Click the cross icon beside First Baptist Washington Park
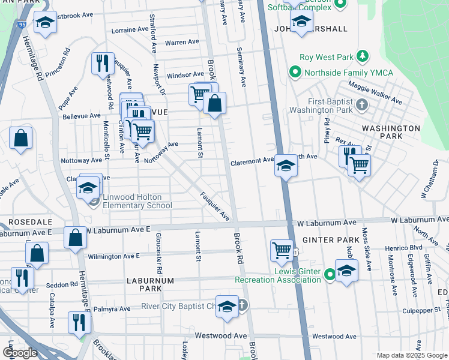[x=361, y=106]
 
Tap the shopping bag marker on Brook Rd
[x=214, y=104]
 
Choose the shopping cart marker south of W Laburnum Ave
[x=282, y=250]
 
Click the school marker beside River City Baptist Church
[x=226, y=307]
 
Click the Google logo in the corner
[x=20, y=352]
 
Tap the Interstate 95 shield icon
[x=22, y=25]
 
